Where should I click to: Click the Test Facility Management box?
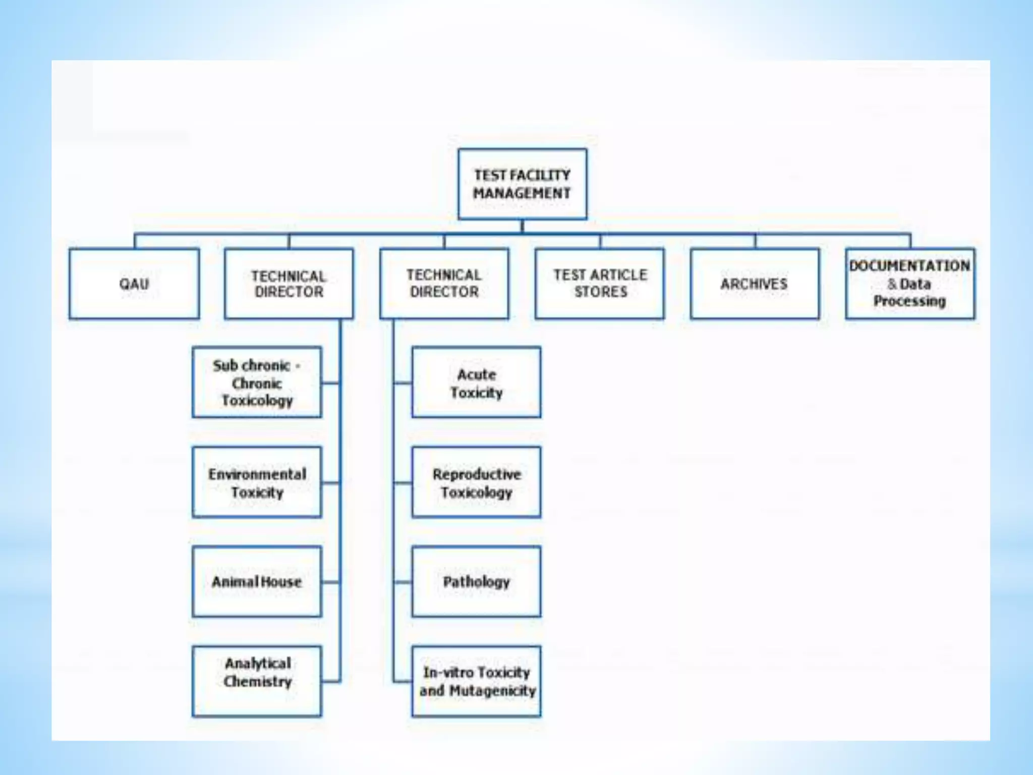pos(522,184)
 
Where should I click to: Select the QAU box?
pos(134,284)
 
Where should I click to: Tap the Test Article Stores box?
pos(600,284)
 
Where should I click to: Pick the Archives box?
pos(755,284)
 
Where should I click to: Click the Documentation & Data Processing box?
pos(910,284)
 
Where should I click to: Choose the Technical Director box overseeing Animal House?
pos(289,284)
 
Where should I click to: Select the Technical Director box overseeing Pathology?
pos(444,284)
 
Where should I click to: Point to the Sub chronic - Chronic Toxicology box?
pos(257,382)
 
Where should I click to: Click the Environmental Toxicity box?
pos(257,482)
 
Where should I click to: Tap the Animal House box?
pos(257,581)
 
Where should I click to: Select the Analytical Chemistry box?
pos(257,681)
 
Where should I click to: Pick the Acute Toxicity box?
pos(476,382)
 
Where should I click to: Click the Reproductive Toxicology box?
pos(476,482)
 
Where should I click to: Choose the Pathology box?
pos(476,581)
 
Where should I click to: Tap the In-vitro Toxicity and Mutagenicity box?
pos(476,681)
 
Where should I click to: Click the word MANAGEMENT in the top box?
pos(522,193)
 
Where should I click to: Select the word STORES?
pos(601,292)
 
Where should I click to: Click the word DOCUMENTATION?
pos(909,266)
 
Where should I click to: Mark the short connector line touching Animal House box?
pos(330,582)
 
